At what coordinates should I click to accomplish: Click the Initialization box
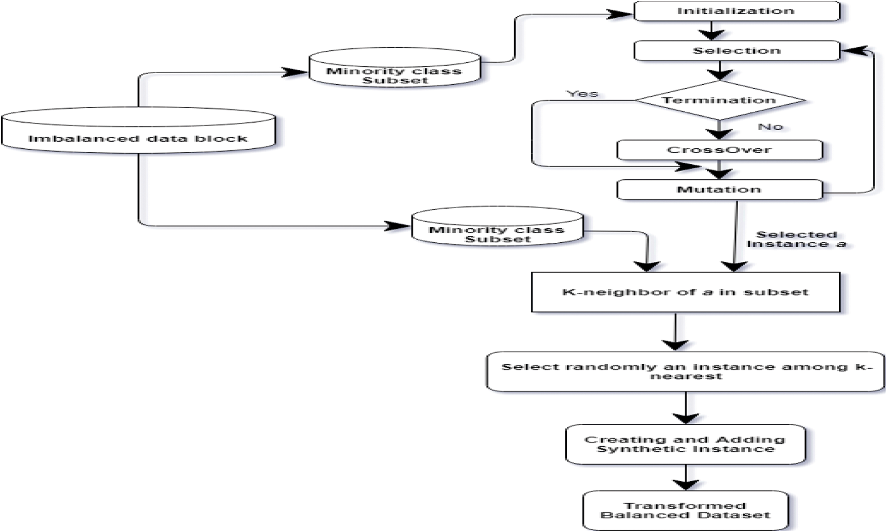(736, 11)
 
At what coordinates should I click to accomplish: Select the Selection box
(736, 50)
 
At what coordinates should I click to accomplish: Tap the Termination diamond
(719, 100)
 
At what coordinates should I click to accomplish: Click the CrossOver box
(719, 150)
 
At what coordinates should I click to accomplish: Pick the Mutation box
(719, 190)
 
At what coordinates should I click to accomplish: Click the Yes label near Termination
(582, 94)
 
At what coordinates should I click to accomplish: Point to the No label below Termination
(770, 127)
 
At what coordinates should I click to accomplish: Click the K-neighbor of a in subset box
(685, 292)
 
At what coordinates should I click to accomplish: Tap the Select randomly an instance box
(685, 371)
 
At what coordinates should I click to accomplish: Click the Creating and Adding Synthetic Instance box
(685, 444)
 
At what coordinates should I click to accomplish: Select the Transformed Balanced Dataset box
(685, 510)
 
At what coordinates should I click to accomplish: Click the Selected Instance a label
(796, 239)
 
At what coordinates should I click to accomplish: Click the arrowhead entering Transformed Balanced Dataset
(685, 484)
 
